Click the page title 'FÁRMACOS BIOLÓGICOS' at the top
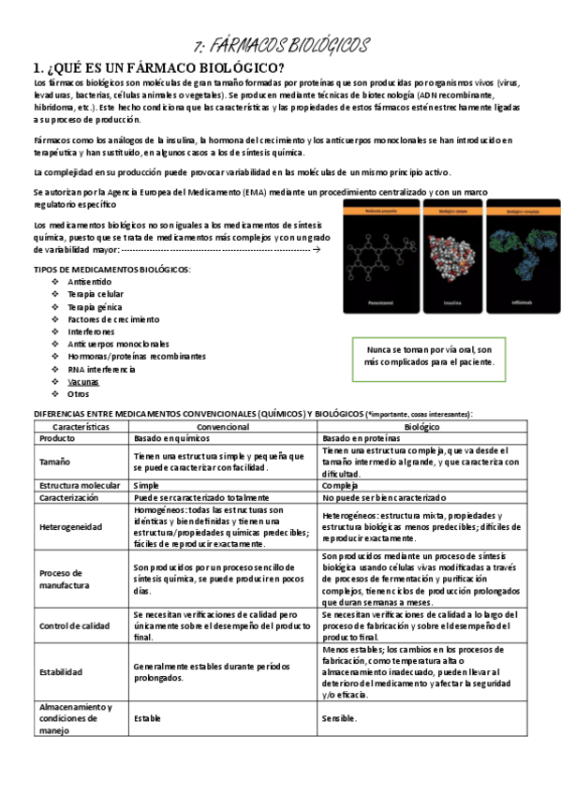click(281, 46)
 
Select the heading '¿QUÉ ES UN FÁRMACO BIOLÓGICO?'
click(160, 67)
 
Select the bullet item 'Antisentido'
click(90, 282)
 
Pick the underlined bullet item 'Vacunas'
click(83, 382)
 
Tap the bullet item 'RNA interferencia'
click(101, 369)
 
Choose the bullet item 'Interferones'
click(92, 331)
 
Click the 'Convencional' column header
click(223, 426)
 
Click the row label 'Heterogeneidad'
click(71, 527)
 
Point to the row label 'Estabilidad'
click(61, 672)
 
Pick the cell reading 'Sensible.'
click(340, 719)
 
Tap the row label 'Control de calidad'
click(75, 626)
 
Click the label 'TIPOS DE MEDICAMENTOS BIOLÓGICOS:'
click(111, 270)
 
